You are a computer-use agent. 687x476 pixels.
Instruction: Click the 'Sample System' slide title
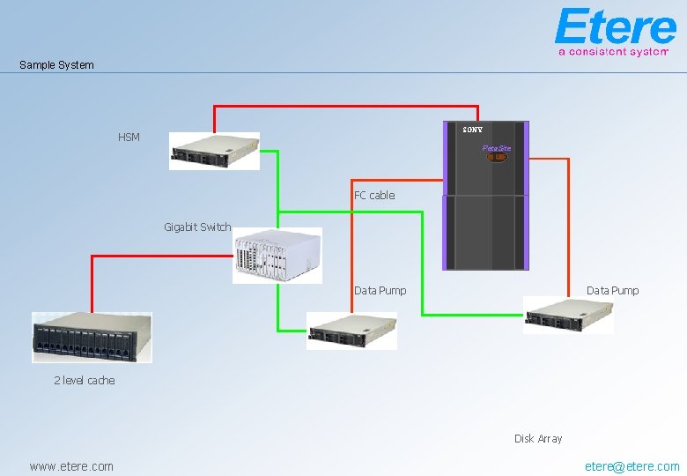[x=56, y=65]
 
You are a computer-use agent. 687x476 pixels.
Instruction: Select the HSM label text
[x=129, y=138]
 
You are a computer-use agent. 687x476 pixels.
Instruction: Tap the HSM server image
[x=214, y=152]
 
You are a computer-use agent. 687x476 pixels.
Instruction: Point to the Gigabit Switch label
[x=197, y=227]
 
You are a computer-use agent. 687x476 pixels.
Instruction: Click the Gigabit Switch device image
[x=277, y=256]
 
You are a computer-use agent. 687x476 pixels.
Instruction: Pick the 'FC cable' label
[x=374, y=196]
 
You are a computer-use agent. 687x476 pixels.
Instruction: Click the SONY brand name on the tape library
[x=473, y=130]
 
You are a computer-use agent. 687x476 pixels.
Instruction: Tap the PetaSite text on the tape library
[x=497, y=148]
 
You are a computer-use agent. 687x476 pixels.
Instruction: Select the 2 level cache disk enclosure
[x=92, y=338]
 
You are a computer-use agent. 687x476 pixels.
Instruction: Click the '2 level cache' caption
[x=85, y=381]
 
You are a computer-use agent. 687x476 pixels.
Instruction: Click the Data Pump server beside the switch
[x=351, y=331]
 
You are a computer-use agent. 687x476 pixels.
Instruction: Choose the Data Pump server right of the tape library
[x=568, y=316]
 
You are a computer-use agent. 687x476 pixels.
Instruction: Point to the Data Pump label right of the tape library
[x=612, y=291]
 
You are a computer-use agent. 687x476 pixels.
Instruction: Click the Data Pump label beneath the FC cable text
[x=380, y=291]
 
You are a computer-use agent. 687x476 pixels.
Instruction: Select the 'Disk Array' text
[x=538, y=439]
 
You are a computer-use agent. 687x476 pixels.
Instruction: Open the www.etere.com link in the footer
[x=71, y=466]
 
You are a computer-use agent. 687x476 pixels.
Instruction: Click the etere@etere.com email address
[x=632, y=466]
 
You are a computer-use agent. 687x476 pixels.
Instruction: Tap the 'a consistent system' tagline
[x=613, y=52]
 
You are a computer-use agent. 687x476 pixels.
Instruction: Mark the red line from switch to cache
[x=162, y=256]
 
